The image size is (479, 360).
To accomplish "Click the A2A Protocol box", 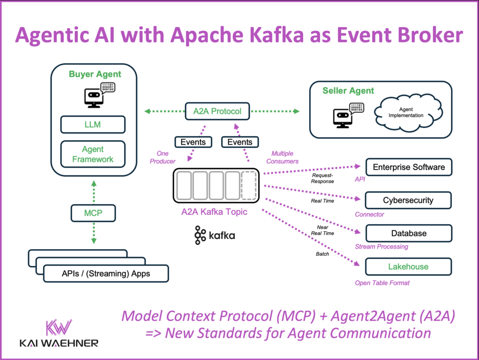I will (x=217, y=111).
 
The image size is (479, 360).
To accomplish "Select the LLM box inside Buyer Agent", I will (x=93, y=125).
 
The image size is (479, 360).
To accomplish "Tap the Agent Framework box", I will (x=93, y=154).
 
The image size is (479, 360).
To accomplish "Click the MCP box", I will (x=93, y=213).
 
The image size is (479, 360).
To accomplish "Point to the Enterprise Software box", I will (x=408, y=167).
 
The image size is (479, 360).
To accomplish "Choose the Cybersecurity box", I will (x=408, y=200).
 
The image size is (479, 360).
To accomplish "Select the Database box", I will (x=408, y=233).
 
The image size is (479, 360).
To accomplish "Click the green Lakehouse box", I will (x=408, y=266).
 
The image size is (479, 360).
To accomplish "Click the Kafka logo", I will (x=215, y=235).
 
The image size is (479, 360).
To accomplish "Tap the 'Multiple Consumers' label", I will (x=286, y=157).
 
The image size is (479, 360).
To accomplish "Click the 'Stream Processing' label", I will (x=381, y=246).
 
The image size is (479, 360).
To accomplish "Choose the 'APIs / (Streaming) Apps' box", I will (x=105, y=273).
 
